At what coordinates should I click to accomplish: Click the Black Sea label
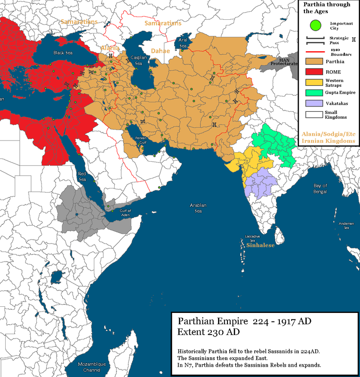pos(61,52)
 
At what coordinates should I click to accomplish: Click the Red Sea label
pos(83,176)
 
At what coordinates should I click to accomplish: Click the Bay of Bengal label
pos(320,189)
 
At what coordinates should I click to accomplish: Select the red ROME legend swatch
pos(312,72)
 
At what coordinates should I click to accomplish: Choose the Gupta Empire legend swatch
pos(312,93)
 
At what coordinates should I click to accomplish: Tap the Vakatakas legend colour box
pos(312,103)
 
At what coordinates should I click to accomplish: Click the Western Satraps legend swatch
pos(312,82)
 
